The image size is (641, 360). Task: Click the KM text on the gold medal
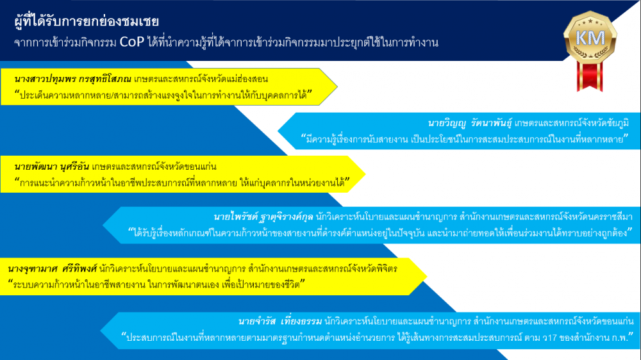pyautogui.click(x=590, y=38)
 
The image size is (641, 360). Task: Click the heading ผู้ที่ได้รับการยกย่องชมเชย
pyautogui.click(x=87, y=21)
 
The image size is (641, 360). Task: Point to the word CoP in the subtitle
pyautogui.click(x=131, y=42)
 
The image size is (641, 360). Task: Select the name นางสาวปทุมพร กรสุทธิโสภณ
pyautogui.click(x=72, y=79)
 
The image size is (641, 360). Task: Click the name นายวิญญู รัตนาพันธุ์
pyautogui.click(x=470, y=123)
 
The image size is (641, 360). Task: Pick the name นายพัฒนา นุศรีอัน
pyautogui.click(x=51, y=167)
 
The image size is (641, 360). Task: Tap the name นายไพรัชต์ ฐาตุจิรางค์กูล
pyautogui.click(x=263, y=217)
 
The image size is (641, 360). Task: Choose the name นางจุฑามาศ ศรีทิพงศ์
pyautogui.click(x=53, y=269)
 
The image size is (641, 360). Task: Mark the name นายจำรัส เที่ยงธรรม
pyautogui.click(x=280, y=321)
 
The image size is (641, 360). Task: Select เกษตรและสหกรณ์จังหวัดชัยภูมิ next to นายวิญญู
pyautogui.click(x=572, y=123)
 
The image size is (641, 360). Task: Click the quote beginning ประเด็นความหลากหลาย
pyautogui.click(x=163, y=95)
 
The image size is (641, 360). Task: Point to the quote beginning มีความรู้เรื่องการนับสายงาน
pyautogui.click(x=464, y=139)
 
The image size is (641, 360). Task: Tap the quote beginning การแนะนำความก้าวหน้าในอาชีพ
pyautogui.click(x=182, y=183)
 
